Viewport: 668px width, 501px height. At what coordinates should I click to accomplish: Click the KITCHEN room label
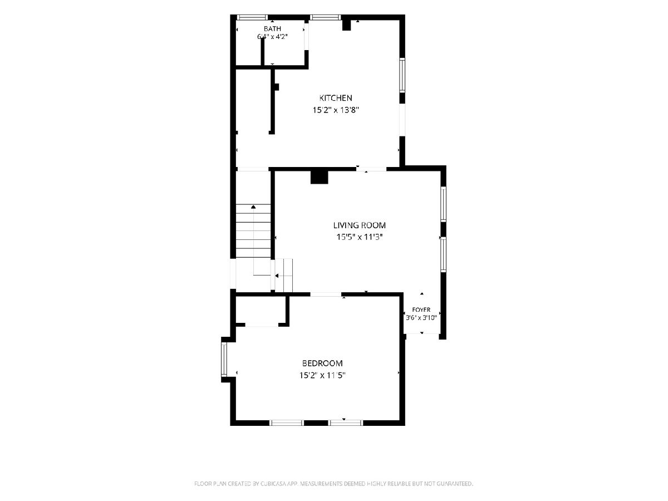point(336,98)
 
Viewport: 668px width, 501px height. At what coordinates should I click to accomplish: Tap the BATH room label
point(272,29)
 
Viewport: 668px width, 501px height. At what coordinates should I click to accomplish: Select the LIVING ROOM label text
point(360,225)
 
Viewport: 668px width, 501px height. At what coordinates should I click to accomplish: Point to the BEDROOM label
point(322,363)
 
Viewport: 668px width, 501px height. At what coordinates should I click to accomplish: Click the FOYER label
point(421,310)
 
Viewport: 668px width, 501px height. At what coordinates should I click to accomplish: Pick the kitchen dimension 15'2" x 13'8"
point(336,110)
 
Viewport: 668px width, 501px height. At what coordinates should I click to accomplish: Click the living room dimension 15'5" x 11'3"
point(359,237)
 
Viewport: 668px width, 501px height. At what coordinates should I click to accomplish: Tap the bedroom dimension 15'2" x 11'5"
point(322,375)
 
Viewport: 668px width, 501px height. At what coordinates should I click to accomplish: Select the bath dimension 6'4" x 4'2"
point(272,37)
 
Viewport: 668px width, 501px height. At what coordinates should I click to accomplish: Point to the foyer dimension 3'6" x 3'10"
point(421,318)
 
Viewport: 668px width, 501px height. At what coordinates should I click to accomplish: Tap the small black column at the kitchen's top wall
point(347,25)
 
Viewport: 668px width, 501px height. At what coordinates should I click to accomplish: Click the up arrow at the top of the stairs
point(253,207)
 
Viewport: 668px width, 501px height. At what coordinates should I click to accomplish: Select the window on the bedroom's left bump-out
point(224,360)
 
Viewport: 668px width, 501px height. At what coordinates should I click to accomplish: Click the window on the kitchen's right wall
point(402,75)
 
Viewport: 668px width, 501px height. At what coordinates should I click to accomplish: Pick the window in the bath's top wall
point(252,17)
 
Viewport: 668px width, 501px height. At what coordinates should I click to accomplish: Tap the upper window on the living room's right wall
point(444,204)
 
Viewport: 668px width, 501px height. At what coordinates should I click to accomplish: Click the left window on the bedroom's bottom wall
point(287,423)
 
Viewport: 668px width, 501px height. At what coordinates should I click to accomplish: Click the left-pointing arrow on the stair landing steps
point(277,276)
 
